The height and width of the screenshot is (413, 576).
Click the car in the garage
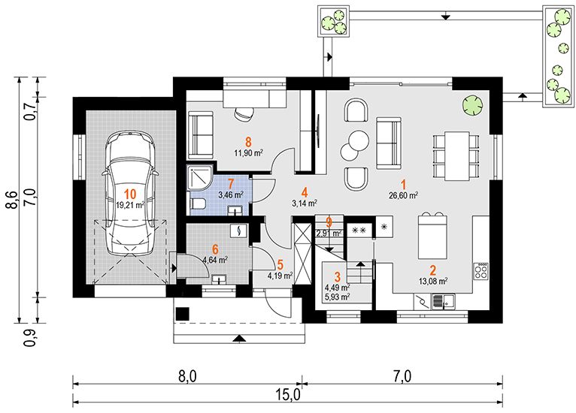click(129, 194)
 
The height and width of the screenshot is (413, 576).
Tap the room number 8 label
click(249, 142)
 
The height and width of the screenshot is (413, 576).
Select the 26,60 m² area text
click(403, 195)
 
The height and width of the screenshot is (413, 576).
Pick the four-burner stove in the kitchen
click(481, 271)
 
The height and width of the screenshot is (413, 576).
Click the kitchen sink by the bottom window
click(443, 302)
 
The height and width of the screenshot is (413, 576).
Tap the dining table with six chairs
click(456, 156)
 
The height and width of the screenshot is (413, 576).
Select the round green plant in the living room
click(472, 104)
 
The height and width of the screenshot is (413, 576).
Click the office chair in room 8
click(244, 113)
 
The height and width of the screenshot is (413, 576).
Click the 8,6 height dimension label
click(12, 200)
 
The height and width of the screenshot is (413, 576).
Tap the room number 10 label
click(130, 194)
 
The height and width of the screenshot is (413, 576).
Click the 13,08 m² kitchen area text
click(433, 282)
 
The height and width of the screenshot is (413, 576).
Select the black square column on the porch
click(183, 314)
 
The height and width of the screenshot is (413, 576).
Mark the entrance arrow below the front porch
click(239, 339)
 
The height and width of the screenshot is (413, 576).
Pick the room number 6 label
click(215, 250)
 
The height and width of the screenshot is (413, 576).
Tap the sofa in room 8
click(201, 135)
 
